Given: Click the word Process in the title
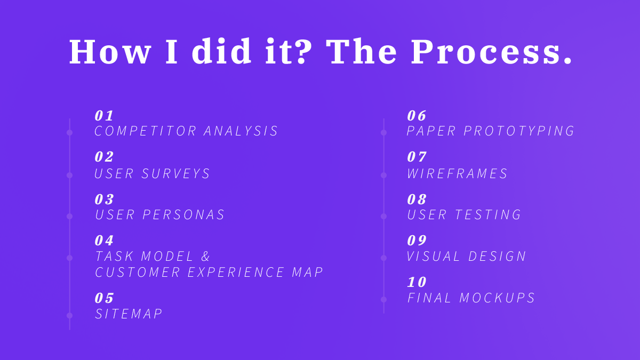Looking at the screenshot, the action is pyautogui.click(x=491, y=52).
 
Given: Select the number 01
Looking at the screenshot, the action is pyautogui.click(x=105, y=116).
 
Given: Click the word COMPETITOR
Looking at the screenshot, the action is pyautogui.click(x=146, y=131).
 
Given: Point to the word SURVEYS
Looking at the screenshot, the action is pyautogui.click(x=176, y=174).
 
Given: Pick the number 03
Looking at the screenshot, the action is pyautogui.click(x=105, y=199).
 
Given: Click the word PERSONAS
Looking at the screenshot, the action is pyautogui.click(x=183, y=215).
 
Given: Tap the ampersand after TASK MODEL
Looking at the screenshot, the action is pyautogui.click(x=206, y=257).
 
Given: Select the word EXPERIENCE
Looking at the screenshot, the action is pyautogui.click(x=236, y=273).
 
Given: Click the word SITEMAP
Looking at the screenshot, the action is pyautogui.click(x=129, y=314).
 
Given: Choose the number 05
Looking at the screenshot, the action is pyautogui.click(x=105, y=298).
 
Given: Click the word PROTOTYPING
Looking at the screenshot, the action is pyautogui.click(x=519, y=131).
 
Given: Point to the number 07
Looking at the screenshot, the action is pyautogui.click(x=417, y=157).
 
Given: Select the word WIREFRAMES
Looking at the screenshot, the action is pyautogui.click(x=458, y=174).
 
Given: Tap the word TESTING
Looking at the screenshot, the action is pyautogui.click(x=488, y=215).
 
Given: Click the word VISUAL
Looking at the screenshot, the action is pyautogui.click(x=434, y=257).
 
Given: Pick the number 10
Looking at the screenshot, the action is pyautogui.click(x=417, y=282).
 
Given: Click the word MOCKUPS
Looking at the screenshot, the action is pyautogui.click(x=497, y=298).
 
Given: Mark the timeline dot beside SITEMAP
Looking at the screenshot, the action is pyautogui.click(x=69, y=315).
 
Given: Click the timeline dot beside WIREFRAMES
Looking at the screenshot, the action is pyautogui.click(x=383, y=175).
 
